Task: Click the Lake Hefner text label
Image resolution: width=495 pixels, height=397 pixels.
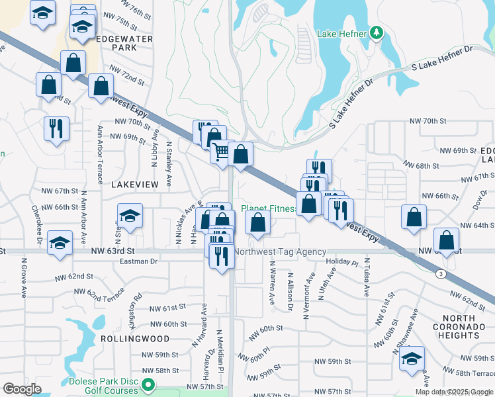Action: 341,33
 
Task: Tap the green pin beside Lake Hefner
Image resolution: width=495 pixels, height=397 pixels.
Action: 377,32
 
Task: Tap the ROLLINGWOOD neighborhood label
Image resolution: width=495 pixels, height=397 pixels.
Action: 126,338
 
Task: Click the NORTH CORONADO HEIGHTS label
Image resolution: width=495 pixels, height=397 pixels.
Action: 463,327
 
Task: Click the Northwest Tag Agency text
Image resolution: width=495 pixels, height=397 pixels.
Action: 281,251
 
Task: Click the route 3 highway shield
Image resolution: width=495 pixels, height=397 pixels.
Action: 439,273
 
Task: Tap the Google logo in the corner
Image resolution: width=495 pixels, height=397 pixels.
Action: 22,388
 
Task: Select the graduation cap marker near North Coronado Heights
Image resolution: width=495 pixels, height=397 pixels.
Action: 412,359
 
